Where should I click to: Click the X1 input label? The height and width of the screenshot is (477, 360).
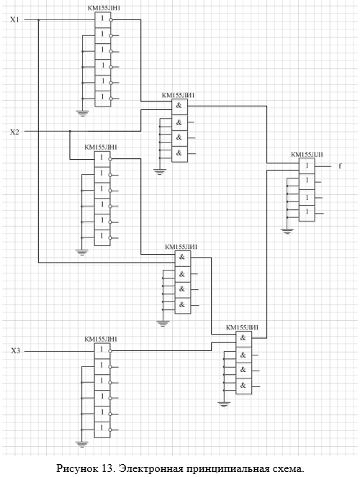click(x=14, y=20)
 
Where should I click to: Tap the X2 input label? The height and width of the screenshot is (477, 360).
click(x=14, y=132)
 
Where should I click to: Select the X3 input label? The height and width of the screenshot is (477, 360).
click(x=16, y=351)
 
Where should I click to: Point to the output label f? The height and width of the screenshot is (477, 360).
click(x=340, y=166)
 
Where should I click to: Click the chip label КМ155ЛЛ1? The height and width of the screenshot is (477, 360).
click(x=307, y=155)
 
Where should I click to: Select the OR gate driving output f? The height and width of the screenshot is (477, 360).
click(x=307, y=166)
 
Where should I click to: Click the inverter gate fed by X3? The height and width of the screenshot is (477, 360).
click(x=102, y=351)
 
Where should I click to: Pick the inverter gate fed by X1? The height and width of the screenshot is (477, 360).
click(x=102, y=20)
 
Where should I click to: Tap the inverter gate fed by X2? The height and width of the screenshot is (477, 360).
click(x=102, y=159)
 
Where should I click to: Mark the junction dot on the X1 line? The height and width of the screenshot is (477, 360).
click(x=38, y=20)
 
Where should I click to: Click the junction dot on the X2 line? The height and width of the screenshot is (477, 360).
click(x=70, y=131)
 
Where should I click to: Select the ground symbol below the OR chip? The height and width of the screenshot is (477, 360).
click(x=287, y=231)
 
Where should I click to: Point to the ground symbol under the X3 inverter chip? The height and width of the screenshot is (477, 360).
click(x=82, y=443)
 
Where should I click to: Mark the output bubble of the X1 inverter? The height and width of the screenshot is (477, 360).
click(x=111, y=20)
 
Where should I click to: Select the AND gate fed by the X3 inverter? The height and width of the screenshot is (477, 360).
click(x=244, y=339)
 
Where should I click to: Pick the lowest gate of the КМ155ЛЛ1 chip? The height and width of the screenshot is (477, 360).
click(x=307, y=213)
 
